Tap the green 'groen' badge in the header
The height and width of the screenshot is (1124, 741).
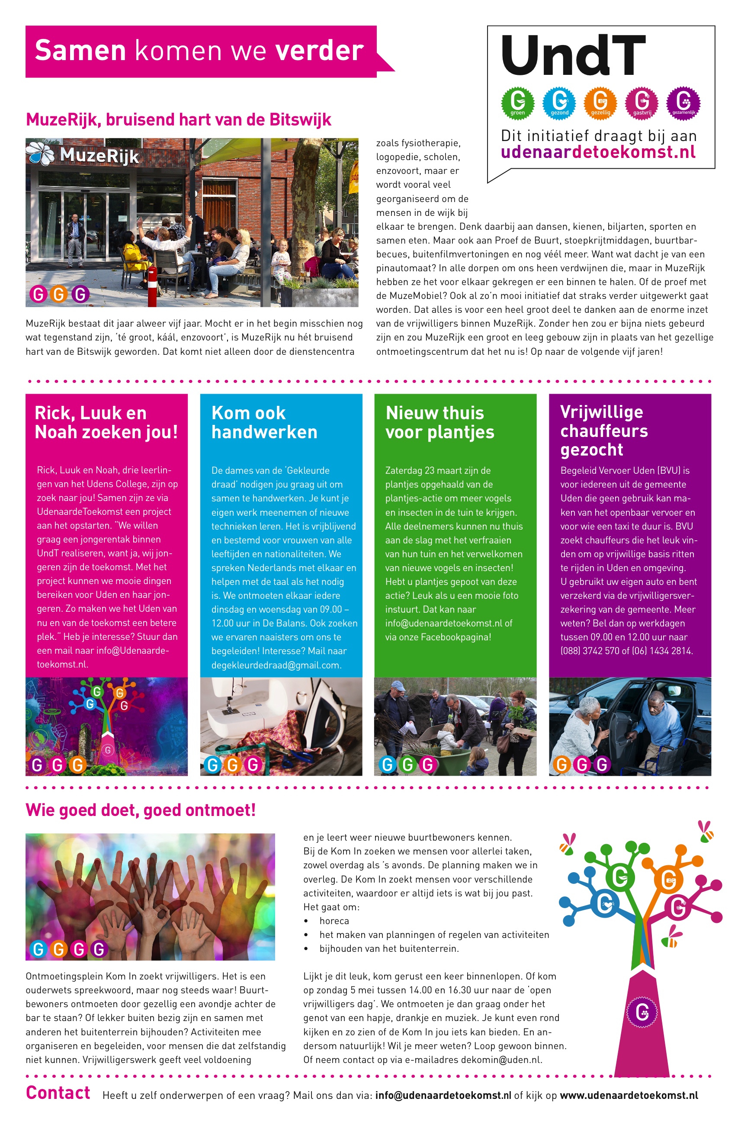point(517,102)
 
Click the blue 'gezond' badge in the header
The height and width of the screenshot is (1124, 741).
point(559,102)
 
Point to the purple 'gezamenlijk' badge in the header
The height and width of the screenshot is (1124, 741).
point(683,102)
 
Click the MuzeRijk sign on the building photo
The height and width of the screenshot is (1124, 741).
point(84,154)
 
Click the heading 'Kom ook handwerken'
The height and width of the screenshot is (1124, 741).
point(264,422)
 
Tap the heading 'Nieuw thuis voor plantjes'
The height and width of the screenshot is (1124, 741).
point(439,422)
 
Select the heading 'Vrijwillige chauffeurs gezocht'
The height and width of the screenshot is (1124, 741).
point(603,430)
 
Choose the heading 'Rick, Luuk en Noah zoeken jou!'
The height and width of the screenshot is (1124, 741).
point(106,422)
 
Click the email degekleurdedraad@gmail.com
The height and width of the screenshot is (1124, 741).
point(276,665)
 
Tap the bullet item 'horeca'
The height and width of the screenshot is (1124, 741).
point(334,921)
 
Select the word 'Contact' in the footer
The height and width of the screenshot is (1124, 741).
point(58,1093)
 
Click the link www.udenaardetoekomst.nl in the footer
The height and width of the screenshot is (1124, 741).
point(629,1095)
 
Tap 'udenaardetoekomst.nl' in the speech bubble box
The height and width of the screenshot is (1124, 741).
point(598,152)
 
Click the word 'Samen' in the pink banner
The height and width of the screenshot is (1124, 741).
point(80,51)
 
